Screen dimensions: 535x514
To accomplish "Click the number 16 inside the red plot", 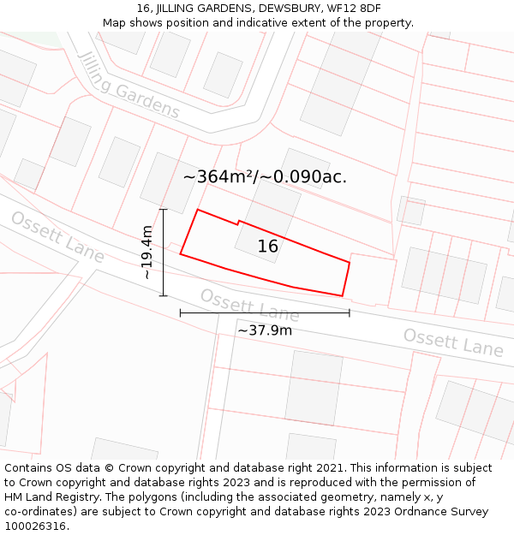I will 268,247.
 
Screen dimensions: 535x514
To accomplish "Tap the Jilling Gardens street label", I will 128,84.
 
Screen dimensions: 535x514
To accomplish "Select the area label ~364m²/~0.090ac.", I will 265,177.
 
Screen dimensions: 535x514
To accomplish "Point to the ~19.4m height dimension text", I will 147,253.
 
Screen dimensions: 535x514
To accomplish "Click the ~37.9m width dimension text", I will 265,330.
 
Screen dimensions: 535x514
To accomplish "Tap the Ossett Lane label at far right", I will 453,342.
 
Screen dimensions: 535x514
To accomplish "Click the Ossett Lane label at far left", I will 57,236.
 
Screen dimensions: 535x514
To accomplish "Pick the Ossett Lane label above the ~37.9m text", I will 249,306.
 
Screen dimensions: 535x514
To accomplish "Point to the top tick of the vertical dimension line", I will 163,209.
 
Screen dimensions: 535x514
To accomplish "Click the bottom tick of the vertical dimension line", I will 163,296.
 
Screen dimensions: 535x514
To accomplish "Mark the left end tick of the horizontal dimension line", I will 180,313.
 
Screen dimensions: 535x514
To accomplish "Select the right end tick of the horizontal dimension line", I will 350,313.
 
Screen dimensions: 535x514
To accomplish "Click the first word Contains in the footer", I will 28,468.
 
